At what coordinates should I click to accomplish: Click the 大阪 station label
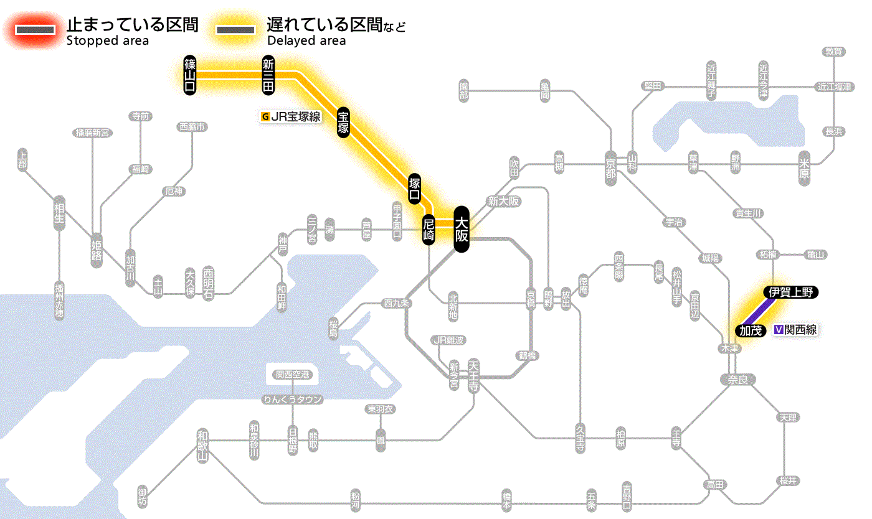[461, 229]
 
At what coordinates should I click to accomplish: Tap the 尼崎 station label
[429, 229]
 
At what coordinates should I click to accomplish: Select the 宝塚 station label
[343, 123]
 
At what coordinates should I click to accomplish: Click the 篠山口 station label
[190, 75]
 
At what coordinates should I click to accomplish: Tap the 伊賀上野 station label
[790, 292]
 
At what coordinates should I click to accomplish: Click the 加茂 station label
[751, 330]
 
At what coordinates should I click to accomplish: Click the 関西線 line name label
[795, 330]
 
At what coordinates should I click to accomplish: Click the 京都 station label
[610, 166]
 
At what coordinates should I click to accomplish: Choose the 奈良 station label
[737, 379]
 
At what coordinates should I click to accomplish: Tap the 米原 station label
[804, 170]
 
